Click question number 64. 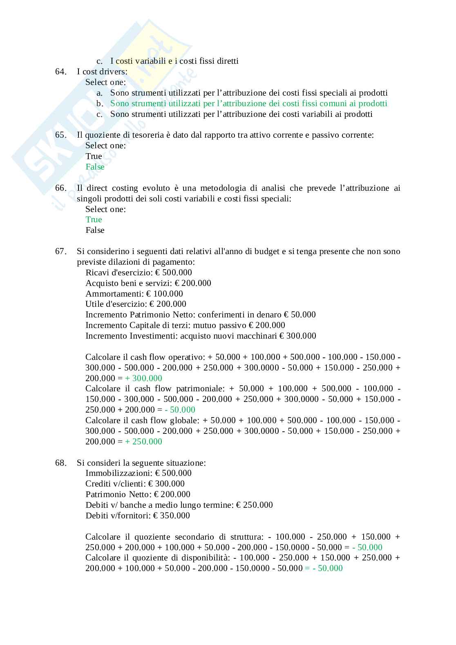(60, 71)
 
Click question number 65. (60, 135)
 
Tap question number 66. (60, 188)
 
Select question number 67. (60, 251)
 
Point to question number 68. (60, 463)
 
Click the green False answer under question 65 (95, 167)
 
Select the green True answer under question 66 (94, 219)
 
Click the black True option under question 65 (94, 156)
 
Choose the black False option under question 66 (95, 230)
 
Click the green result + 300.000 (143, 378)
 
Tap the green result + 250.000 (143, 442)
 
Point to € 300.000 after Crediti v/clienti (166, 484)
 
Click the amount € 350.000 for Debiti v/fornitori (172, 516)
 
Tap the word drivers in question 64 (113, 71)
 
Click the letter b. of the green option (99, 104)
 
